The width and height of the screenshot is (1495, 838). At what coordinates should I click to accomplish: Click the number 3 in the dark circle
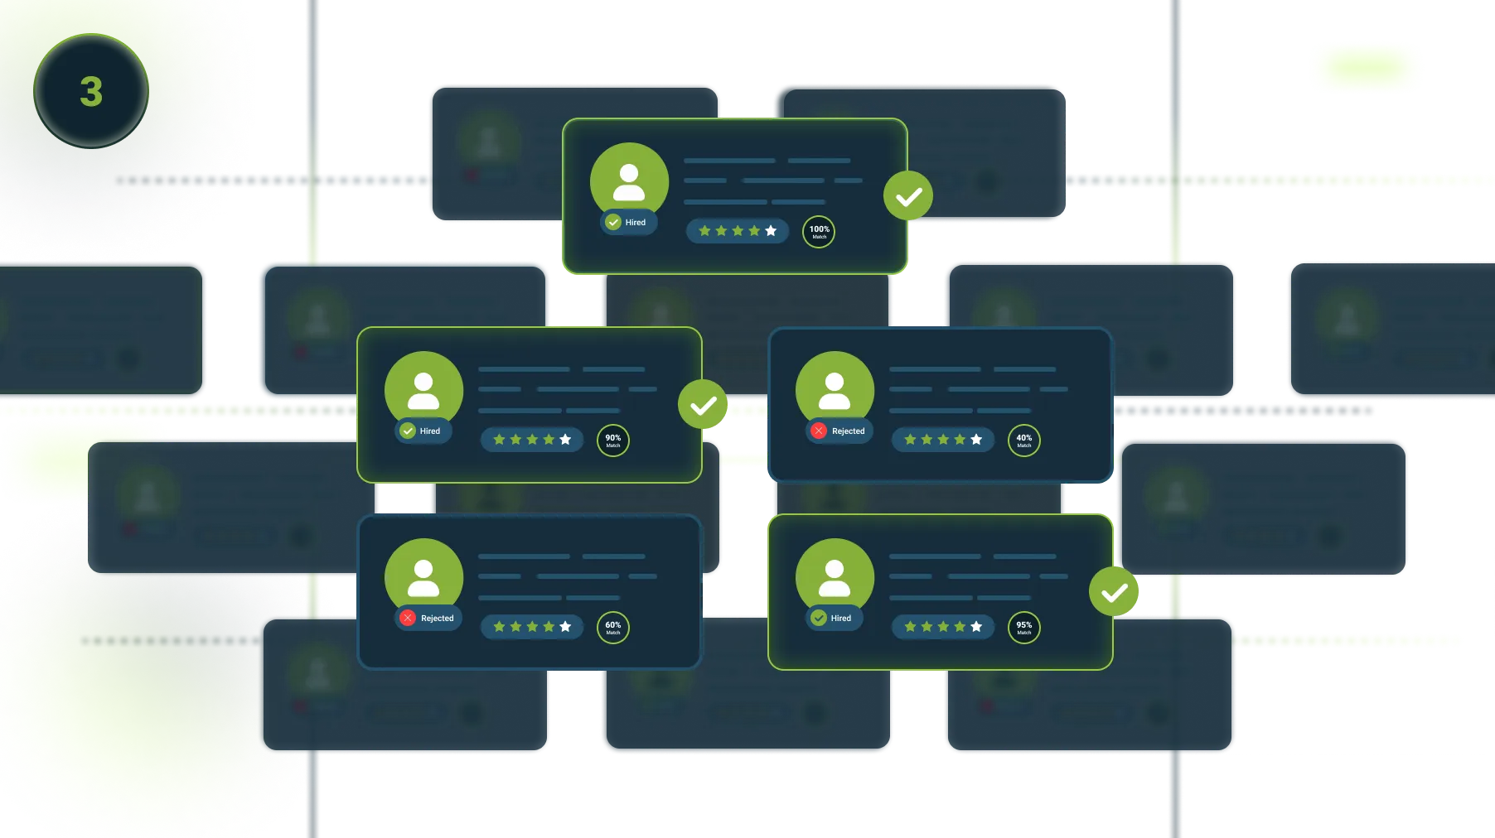click(91, 92)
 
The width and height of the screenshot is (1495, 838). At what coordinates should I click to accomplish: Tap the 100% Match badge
click(819, 232)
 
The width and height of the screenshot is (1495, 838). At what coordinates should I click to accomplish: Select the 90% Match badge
click(613, 441)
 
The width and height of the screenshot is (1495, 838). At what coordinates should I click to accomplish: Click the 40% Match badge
click(1024, 441)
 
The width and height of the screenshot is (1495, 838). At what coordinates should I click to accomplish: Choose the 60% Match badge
click(613, 628)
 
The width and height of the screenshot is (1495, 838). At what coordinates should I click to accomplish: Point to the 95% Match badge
click(1024, 628)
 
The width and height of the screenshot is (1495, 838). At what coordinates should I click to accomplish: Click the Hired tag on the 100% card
click(628, 222)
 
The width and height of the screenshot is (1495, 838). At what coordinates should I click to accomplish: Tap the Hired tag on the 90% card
click(423, 431)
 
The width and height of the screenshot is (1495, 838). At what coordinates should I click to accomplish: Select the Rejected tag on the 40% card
click(839, 431)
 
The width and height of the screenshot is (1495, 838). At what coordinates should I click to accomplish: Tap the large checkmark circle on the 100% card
click(908, 196)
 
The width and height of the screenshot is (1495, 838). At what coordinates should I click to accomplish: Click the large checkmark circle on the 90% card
click(703, 405)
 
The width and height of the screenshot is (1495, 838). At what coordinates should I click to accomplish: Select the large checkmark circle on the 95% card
click(1114, 592)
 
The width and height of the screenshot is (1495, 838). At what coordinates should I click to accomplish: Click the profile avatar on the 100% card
click(629, 181)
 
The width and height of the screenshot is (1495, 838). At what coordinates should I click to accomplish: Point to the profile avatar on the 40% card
click(835, 389)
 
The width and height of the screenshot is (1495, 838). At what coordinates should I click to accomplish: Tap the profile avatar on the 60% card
click(423, 576)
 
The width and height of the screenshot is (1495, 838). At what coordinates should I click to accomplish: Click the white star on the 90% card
click(565, 440)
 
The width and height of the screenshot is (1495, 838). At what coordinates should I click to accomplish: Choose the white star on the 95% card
click(976, 627)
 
